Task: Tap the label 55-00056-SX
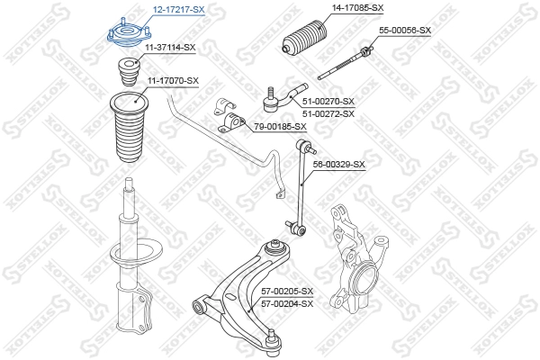click(x=405, y=30)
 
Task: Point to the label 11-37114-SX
click(x=169, y=46)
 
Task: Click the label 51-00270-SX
click(x=328, y=101)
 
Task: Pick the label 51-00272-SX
click(x=328, y=113)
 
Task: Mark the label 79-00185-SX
click(x=280, y=126)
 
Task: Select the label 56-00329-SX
click(x=338, y=164)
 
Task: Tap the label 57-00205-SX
click(x=286, y=291)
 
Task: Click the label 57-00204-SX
click(x=286, y=303)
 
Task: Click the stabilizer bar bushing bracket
click(x=231, y=118)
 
